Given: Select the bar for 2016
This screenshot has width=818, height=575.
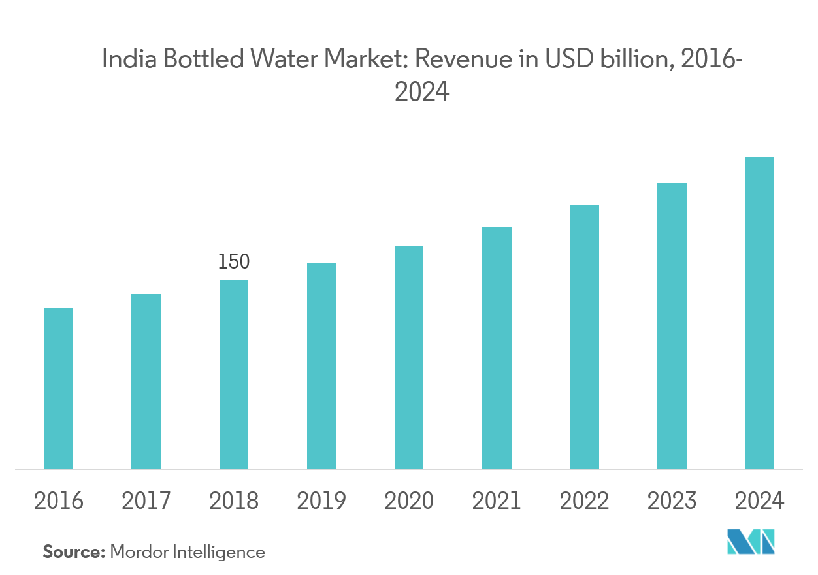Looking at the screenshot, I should (x=58, y=388).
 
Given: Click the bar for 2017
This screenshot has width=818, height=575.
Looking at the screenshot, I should (x=146, y=382).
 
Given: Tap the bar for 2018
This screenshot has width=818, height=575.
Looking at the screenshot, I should (x=233, y=374).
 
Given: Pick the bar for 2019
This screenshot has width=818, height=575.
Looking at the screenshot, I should (x=321, y=366).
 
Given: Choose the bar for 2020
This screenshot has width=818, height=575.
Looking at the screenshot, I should (x=409, y=357).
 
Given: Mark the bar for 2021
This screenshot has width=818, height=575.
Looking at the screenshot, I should (x=497, y=348).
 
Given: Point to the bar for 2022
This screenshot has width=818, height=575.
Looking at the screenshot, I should (x=584, y=337).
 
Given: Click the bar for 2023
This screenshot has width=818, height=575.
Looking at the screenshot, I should (x=672, y=326).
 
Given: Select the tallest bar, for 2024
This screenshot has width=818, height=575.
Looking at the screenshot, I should (x=759, y=313).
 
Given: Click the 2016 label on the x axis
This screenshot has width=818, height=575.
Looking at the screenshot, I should (x=58, y=501).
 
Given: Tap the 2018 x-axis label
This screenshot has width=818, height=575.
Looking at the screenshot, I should (x=233, y=501).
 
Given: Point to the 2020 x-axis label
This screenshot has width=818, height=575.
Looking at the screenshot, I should (x=409, y=501).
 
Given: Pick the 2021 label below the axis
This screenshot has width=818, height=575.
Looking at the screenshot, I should (x=497, y=501).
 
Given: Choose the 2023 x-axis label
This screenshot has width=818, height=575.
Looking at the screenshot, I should (x=672, y=501).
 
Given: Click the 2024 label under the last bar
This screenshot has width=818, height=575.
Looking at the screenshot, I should (x=759, y=501).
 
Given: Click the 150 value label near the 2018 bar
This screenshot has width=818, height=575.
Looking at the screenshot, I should (x=233, y=263).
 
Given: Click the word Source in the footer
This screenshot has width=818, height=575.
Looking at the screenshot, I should (x=73, y=552).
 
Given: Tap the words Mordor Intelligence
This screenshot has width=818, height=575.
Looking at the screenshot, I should (x=188, y=552).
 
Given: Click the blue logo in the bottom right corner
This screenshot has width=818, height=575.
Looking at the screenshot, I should (x=751, y=542).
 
